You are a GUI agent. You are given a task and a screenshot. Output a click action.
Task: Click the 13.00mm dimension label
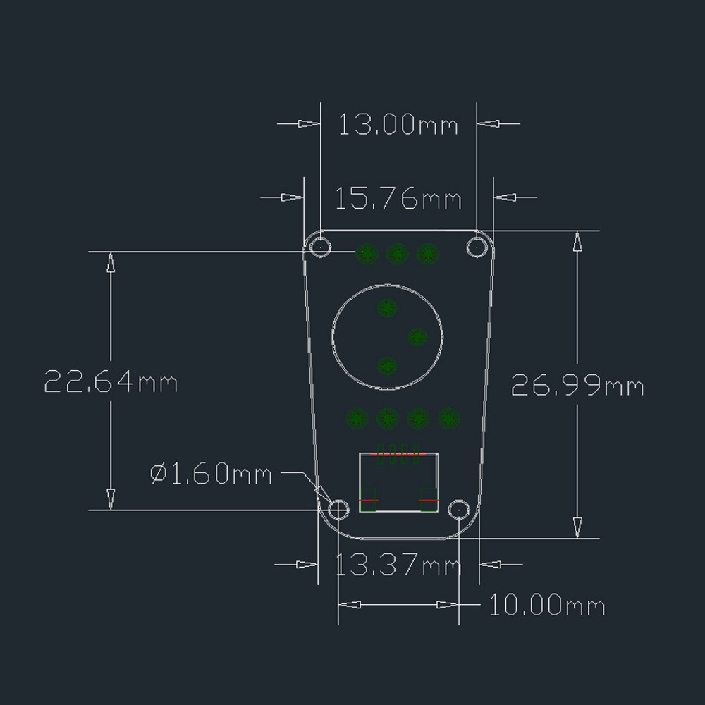(x=398, y=125)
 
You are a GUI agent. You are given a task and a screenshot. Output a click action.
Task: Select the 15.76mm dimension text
(x=398, y=199)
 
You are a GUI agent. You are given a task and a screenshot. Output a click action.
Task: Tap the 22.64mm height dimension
(x=111, y=382)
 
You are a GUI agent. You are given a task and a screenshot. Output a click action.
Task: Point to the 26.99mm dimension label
(x=577, y=386)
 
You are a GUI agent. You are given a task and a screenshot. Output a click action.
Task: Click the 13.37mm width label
(x=398, y=565)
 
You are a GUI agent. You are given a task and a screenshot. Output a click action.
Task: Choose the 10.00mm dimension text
(x=547, y=605)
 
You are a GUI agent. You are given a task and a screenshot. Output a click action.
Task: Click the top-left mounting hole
(x=321, y=247)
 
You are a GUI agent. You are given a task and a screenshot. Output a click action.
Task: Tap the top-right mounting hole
(x=477, y=247)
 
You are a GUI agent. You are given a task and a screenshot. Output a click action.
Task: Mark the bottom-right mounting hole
(x=460, y=509)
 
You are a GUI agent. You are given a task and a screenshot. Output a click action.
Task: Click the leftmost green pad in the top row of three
(x=367, y=253)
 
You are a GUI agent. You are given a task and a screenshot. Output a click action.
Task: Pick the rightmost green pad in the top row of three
(x=428, y=253)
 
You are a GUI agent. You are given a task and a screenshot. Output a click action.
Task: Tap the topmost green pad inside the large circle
(x=387, y=308)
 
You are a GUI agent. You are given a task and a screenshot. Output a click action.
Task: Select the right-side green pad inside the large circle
(x=418, y=337)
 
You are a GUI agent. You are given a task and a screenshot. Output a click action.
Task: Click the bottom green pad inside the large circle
(x=387, y=366)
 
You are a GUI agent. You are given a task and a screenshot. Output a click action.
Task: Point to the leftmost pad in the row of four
(x=357, y=419)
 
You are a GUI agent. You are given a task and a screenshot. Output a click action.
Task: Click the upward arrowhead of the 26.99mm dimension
(x=577, y=240)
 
